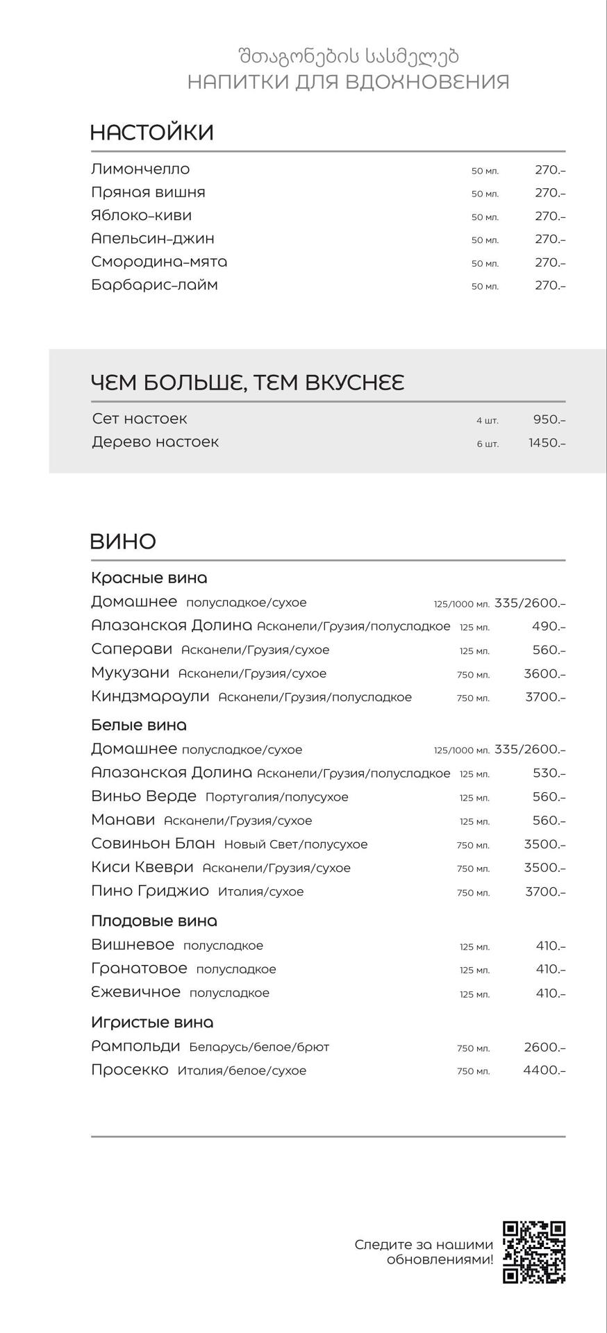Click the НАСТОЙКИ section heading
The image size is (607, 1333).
click(x=151, y=133)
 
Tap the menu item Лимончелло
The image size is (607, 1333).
click(x=140, y=169)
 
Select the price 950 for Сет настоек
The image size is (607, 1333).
click(x=549, y=419)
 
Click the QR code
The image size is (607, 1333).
click(x=533, y=1252)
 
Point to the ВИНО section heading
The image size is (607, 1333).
click(x=123, y=542)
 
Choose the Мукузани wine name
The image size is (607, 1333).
click(x=130, y=673)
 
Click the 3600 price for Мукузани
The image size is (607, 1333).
click(x=544, y=673)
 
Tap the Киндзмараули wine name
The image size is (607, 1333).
click(x=150, y=696)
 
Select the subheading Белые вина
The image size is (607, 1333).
click(x=139, y=725)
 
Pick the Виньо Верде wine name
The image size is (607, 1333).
click(x=144, y=796)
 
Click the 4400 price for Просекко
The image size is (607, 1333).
click(x=544, y=1070)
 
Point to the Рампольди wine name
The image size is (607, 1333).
click(x=135, y=1046)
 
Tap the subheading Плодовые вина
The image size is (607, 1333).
click(x=154, y=921)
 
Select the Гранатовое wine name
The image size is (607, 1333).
click(x=139, y=969)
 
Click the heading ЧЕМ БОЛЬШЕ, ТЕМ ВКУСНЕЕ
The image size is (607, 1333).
click(x=247, y=383)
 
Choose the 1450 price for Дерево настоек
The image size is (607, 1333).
click(x=547, y=442)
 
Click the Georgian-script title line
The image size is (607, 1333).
click(x=348, y=56)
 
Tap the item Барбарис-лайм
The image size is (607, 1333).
click(x=154, y=285)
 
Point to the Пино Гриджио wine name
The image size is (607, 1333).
click(x=150, y=891)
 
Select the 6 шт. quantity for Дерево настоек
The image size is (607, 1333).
click(x=487, y=444)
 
